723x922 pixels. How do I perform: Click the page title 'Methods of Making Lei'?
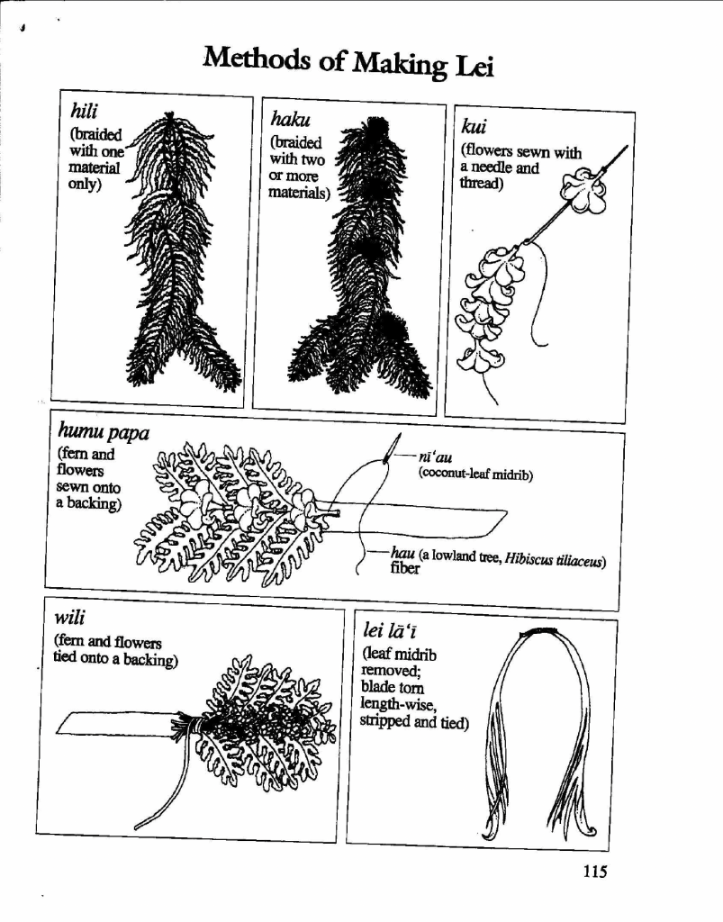click(x=348, y=62)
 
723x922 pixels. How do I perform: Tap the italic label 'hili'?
click(x=84, y=111)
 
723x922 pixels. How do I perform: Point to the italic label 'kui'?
click(x=474, y=126)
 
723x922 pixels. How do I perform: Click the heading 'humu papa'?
click(x=104, y=432)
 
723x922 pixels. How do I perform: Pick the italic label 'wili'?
click(x=70, y=618)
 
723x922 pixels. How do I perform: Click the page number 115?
click(x=595, y=871)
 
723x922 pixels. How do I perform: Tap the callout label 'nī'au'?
click(x=435, y=457)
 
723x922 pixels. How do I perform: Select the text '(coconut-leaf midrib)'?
click(x=475, y=474)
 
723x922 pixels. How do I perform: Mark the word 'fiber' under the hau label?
click(x=404, y=569)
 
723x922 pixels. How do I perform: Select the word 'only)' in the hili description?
click(x=85, y=184)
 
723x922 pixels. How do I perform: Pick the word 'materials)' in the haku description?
click(x=299, y=193)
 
